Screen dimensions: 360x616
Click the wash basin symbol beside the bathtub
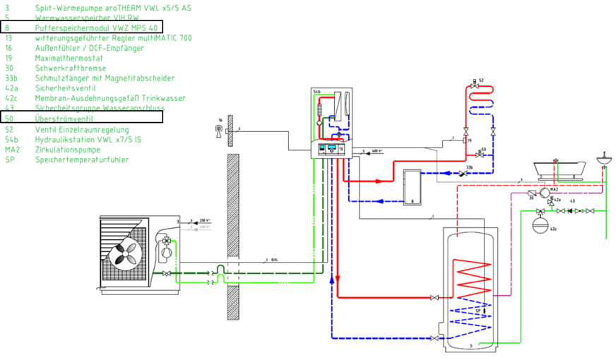coord(604,158)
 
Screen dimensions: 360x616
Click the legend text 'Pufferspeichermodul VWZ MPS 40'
coord(92,27)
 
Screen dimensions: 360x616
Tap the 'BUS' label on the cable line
coord(274,260)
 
